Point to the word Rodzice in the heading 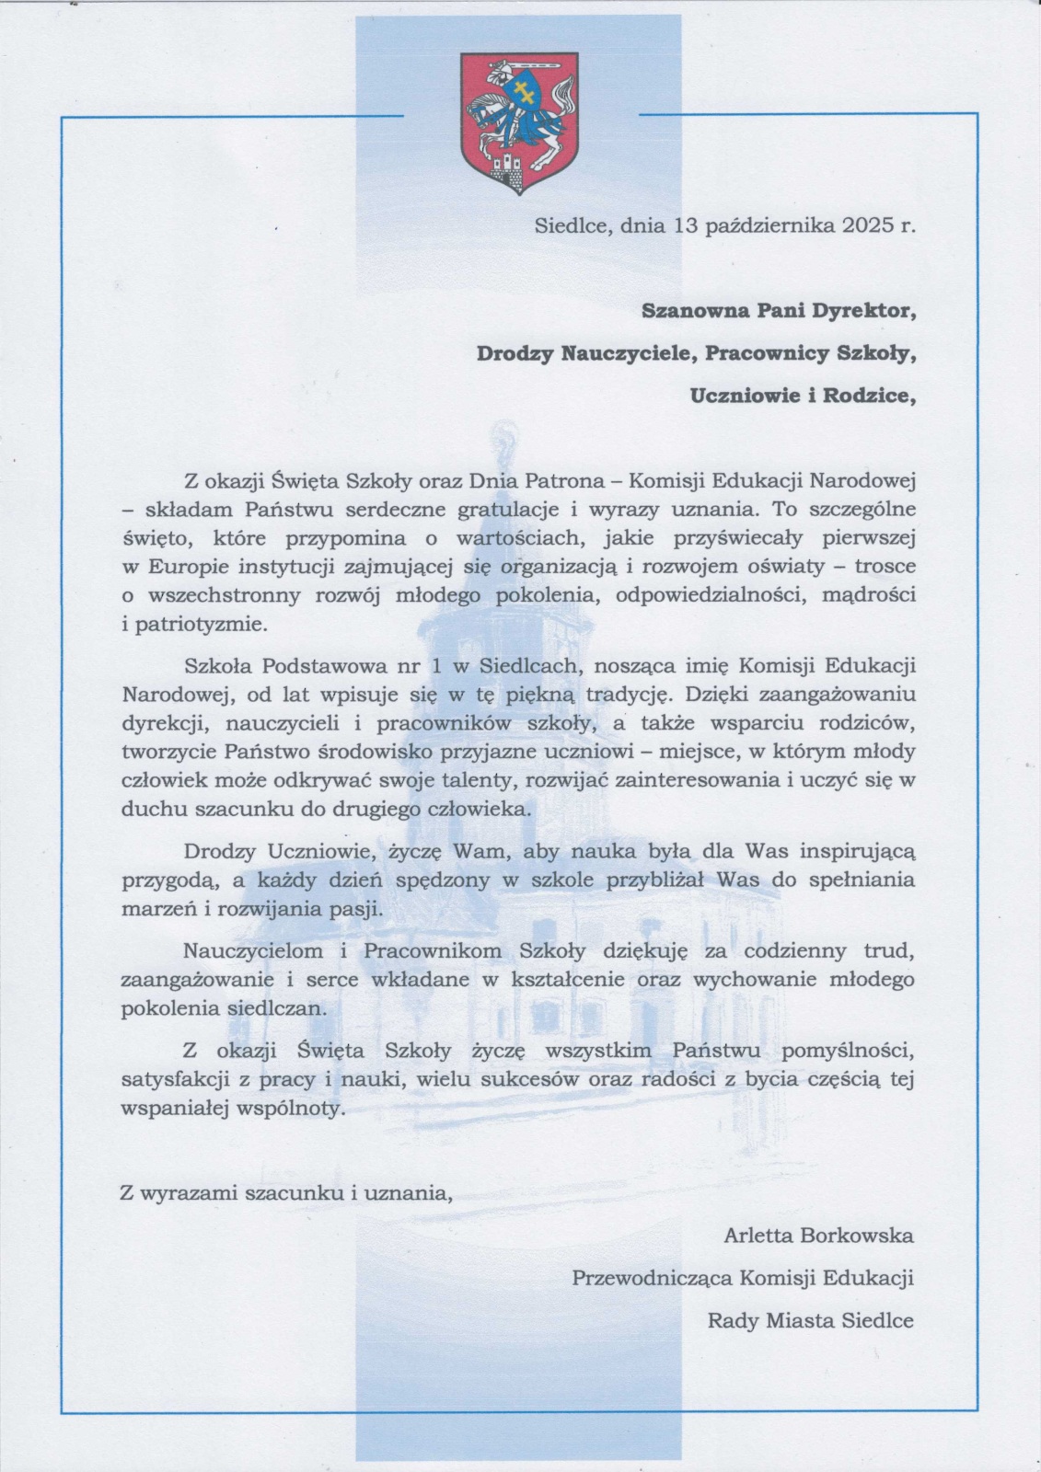(x=865, y=397)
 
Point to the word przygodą (x=171, y=880)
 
